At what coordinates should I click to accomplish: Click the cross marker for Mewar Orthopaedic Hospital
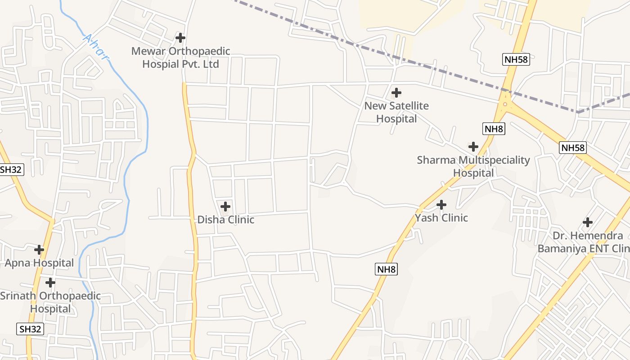180,38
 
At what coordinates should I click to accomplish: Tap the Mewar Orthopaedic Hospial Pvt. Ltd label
180,58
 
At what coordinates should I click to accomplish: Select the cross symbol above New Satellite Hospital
396,93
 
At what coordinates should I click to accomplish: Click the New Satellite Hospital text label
396,112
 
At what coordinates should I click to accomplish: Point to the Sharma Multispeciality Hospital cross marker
473,147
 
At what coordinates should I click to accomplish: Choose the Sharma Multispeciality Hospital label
473,166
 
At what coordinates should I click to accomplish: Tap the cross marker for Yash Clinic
441,205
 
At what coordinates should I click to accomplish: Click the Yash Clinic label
441,218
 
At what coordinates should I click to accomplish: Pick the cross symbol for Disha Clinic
225,207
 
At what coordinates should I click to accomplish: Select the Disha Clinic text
226,220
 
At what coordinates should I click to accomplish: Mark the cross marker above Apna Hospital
39,249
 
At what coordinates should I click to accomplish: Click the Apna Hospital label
39,263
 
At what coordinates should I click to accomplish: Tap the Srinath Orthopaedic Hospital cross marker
50,283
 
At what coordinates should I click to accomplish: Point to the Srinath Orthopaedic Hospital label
50,302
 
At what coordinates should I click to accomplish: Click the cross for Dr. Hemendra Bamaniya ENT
588,222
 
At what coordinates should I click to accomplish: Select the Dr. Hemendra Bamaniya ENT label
584,242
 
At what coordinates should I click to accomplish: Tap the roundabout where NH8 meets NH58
505,104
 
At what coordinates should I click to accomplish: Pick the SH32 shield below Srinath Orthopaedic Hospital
31,329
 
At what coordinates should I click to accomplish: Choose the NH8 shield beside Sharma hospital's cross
494,129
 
